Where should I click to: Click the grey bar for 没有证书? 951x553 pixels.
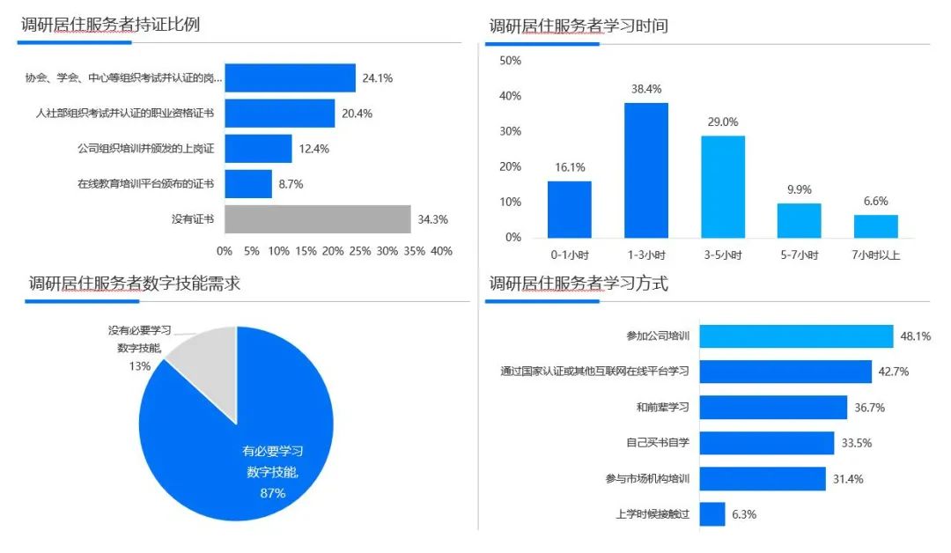pos(317,219)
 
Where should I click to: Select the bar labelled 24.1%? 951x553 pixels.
pos(290,77)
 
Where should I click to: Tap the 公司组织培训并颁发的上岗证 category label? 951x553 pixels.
pos(145,149)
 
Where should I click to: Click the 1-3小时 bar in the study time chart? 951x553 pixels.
pos(646,170)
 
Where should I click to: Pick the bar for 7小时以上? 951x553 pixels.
pos(876,226)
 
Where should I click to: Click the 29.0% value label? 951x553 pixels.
pos(723,122)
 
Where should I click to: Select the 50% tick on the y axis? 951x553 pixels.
pos(511,61)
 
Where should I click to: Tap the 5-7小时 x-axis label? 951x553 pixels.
pos(800,255)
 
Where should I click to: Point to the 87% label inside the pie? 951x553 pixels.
pos(272,493)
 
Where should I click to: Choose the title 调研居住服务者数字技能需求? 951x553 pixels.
pos(135,284)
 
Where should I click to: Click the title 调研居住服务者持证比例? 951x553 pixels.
pos(111,25)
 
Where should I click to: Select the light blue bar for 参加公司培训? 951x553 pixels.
pos(796,336)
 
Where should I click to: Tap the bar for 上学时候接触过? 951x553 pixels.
pos(712,514)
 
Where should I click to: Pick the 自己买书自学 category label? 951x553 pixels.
pos(658,443)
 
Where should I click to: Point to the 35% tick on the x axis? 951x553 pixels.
pos(414,251)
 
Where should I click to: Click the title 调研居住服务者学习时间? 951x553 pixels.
pos(579,26)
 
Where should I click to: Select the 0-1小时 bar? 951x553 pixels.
pos(570,210)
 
